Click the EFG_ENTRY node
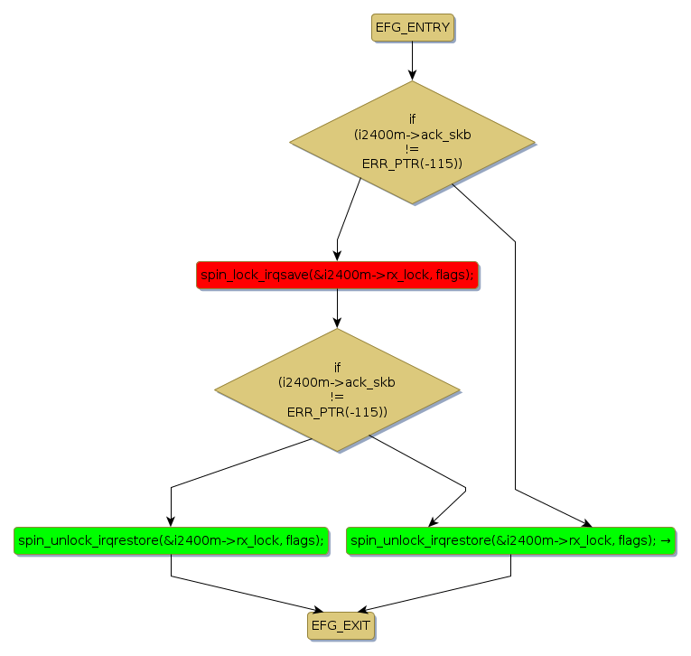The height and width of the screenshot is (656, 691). (x=412, y=27)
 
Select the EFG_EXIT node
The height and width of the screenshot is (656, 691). (x=341, y=625)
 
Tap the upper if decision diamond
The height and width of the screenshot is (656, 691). (x=412, y=142)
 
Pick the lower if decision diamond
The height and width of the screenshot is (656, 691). (x=337, y=389)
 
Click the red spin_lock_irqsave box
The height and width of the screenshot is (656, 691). (x=337, y=275)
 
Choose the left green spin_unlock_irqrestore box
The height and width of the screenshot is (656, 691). (x=171, y=540)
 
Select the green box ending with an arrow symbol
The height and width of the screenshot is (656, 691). (x=510, y=540)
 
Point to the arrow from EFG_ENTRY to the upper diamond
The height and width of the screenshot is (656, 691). (x=412, y=61)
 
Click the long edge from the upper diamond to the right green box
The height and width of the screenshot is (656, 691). (x=515, y=361)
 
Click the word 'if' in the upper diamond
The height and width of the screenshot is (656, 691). (x=412, y=119)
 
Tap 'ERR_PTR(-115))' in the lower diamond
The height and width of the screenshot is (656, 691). (x=337, y=412)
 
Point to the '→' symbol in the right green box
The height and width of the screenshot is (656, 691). (x=666, y=540)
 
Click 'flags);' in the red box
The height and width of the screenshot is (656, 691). (x=454, y=275)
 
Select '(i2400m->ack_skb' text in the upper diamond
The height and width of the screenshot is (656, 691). (x=412, y=134)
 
